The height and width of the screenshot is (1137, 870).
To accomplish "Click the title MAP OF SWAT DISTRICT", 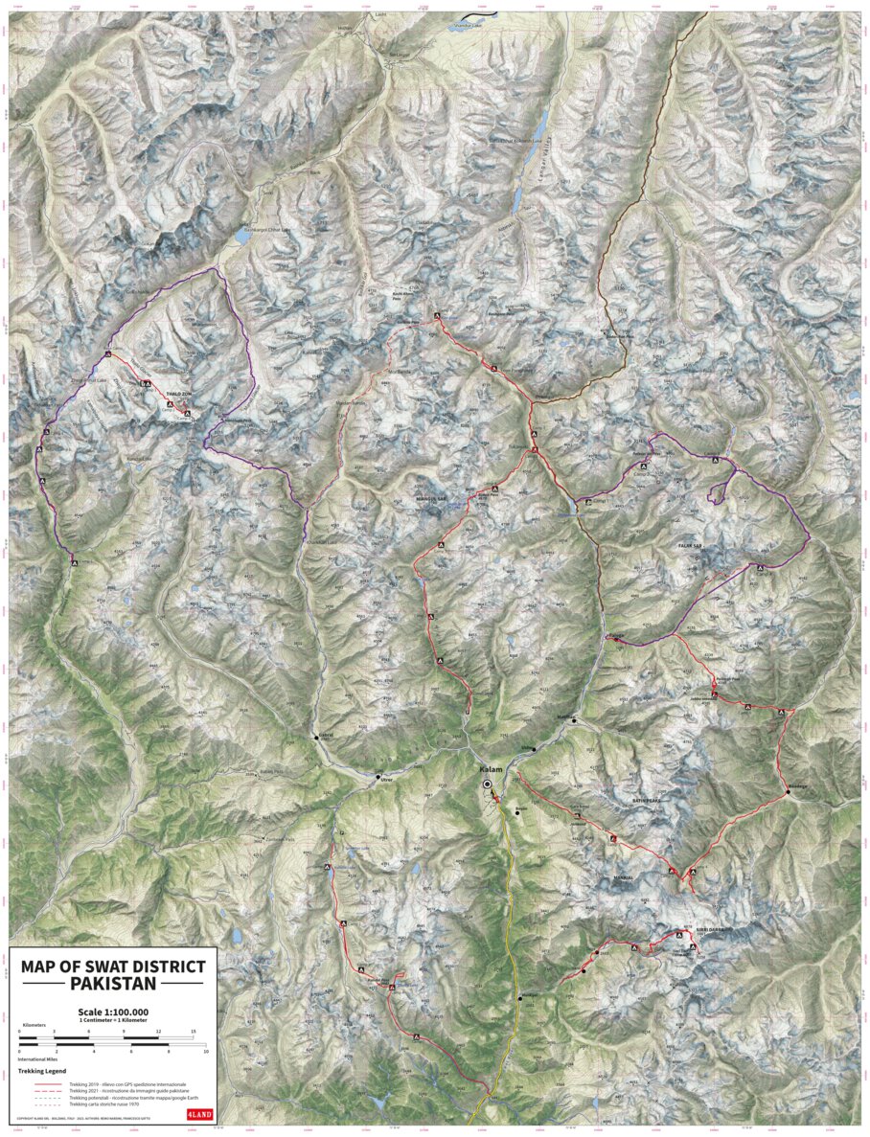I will (x=112, y=966).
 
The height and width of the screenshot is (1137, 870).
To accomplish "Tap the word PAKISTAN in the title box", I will (x=112, y=984).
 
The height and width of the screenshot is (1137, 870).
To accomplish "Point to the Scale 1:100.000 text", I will (x=112, y=1012).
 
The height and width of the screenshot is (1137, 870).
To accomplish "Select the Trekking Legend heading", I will (x=42, y=1070).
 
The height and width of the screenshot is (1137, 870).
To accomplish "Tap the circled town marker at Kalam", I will (x=487, y=785).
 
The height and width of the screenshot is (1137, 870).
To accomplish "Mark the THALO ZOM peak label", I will (x=179, y=394).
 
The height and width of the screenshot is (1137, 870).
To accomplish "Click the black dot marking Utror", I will (x=378, y=777).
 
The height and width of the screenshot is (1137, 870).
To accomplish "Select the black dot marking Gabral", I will (x=316, y=737).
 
